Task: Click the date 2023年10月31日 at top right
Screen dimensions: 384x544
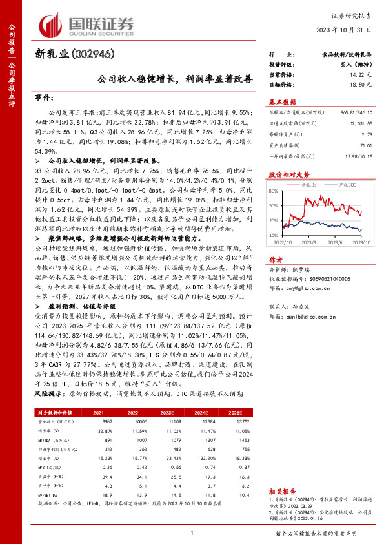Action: (x=345, y=30)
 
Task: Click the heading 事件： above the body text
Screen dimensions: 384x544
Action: (x=44, y=98)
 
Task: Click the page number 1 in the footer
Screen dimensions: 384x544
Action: (x=192, y=532)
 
